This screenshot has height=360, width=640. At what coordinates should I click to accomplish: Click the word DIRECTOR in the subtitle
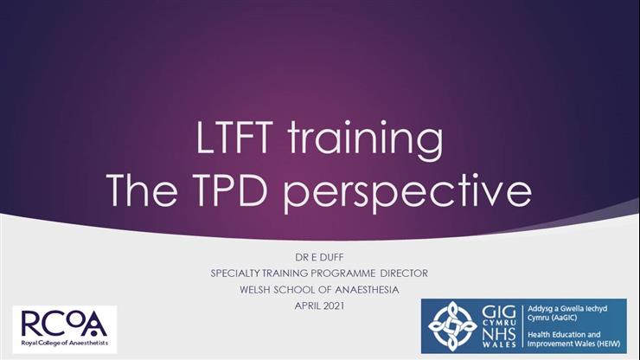pyautogui.click(x=400, y=273)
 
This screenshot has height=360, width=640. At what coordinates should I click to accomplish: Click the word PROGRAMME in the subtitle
pyautogui.click(x=336, y=273)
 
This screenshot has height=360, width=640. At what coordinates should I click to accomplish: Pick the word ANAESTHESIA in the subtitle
pyautogui.click(x=366, y=288)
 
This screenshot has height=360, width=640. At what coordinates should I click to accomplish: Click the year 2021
pyautogui.click(x=338, y=304)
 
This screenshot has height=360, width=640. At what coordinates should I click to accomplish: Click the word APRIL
pyautogui.click(x=306, y=304)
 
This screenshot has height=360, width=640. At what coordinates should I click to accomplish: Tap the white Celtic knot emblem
pyautogui.click(x=452, y=326)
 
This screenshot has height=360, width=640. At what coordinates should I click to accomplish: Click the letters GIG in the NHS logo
pyautogui.click(x=500, y=310)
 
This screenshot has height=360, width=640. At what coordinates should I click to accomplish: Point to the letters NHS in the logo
pyautogui.click(x=500, y=333)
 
